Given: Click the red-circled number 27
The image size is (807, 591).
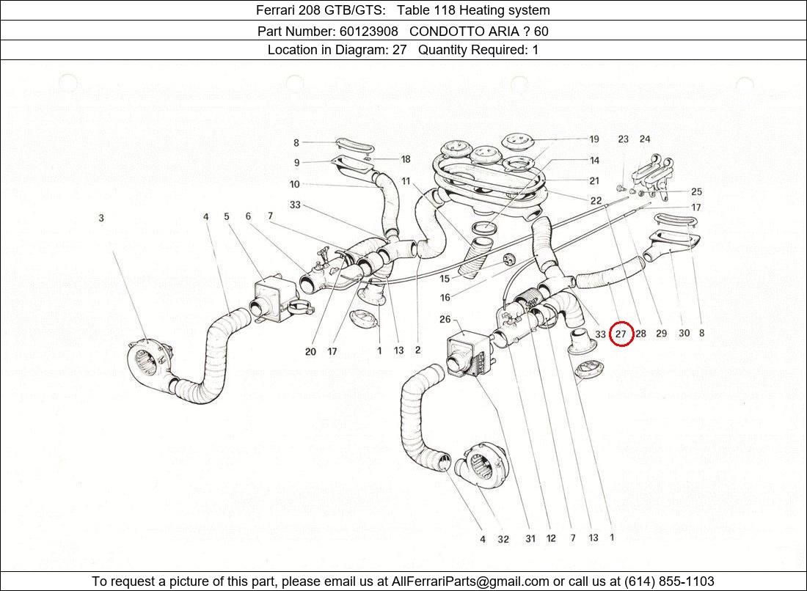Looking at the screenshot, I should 621,334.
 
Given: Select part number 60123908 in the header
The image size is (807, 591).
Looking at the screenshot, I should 368,31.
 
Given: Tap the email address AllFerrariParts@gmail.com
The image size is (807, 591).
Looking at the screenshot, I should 470,581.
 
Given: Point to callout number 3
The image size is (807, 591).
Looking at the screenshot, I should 101,218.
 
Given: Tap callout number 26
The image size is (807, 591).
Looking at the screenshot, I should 445,319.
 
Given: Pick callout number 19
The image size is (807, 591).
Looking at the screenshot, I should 594,139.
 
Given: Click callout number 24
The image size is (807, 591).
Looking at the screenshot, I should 644,139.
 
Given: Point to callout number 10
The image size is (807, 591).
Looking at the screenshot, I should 295,185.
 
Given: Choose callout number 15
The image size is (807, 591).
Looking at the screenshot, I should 445,279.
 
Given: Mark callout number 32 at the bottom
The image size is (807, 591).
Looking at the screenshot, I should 503,539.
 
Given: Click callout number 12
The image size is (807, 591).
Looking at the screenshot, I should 551,539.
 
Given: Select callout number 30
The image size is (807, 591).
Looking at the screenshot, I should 684,334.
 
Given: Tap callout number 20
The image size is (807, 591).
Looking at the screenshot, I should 310,351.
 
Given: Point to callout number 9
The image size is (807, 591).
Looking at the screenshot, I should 296,163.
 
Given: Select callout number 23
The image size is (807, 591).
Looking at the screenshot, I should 623,139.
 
